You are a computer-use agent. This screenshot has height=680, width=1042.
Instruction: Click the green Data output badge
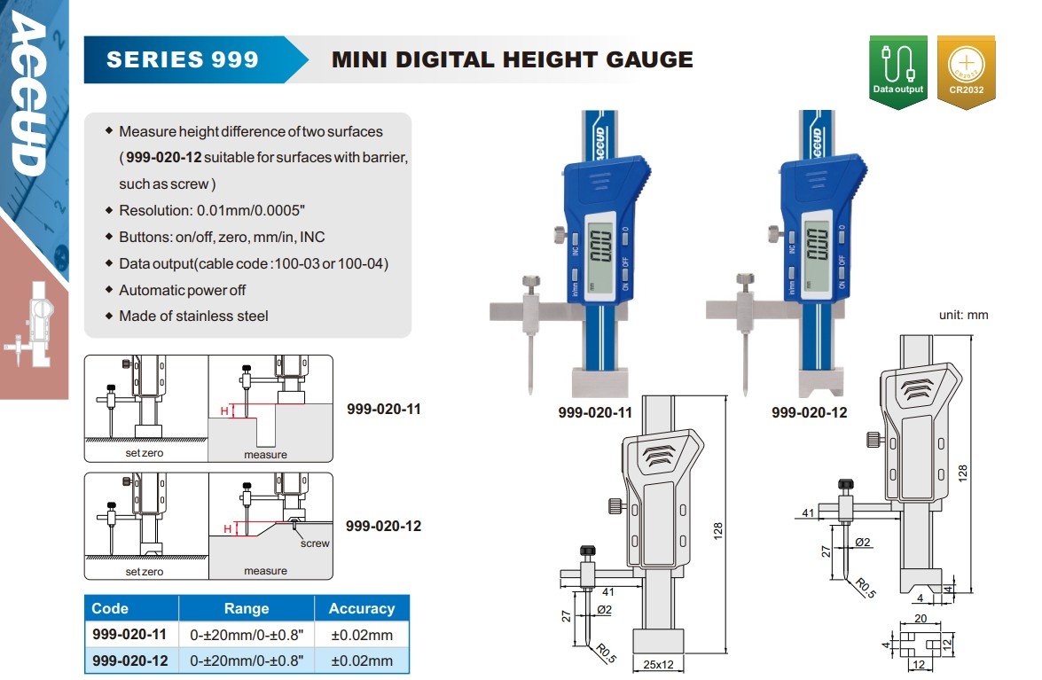(x=897, y=71)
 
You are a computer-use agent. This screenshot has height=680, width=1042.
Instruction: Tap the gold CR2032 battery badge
(x=966, y=71)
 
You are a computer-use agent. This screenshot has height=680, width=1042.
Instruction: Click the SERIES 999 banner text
(x=183, y=59)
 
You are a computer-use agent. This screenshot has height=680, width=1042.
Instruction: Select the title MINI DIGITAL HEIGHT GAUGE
(x=513, y=59)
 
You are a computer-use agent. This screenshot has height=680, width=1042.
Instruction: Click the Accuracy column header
(x=362, y=608)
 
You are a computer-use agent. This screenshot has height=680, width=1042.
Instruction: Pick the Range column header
(x=247, y=608)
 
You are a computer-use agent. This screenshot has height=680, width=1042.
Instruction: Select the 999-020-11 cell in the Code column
(x=129, y=634)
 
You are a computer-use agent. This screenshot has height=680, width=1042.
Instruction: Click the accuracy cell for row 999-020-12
(x=362, y=660)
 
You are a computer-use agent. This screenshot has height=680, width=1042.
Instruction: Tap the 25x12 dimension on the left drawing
(x=658, y=664)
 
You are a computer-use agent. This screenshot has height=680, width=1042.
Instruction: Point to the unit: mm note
(x=963, y=315)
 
